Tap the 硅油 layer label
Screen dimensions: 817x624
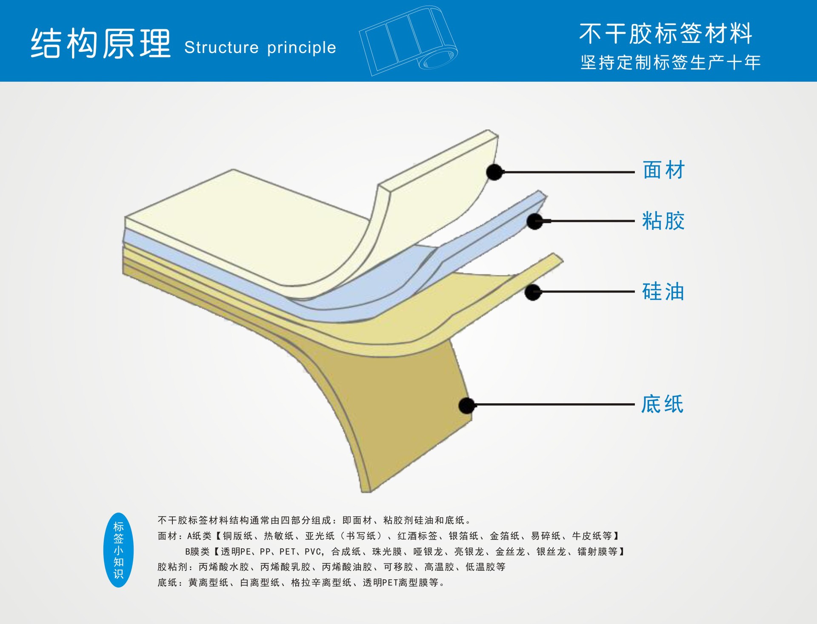663,292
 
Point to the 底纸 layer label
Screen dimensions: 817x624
662,404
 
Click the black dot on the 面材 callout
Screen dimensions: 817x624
494,172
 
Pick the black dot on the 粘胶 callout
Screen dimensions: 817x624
534,221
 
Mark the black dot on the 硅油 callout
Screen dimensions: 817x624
533,292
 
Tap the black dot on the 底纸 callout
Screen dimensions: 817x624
467,405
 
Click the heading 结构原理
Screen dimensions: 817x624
101,43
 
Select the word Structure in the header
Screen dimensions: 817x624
221,48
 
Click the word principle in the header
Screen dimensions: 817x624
301,48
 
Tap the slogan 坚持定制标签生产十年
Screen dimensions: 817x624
670,63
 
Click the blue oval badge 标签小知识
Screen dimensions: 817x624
118,550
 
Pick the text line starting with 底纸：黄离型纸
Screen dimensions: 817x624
300,583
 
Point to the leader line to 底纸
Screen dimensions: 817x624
553,405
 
